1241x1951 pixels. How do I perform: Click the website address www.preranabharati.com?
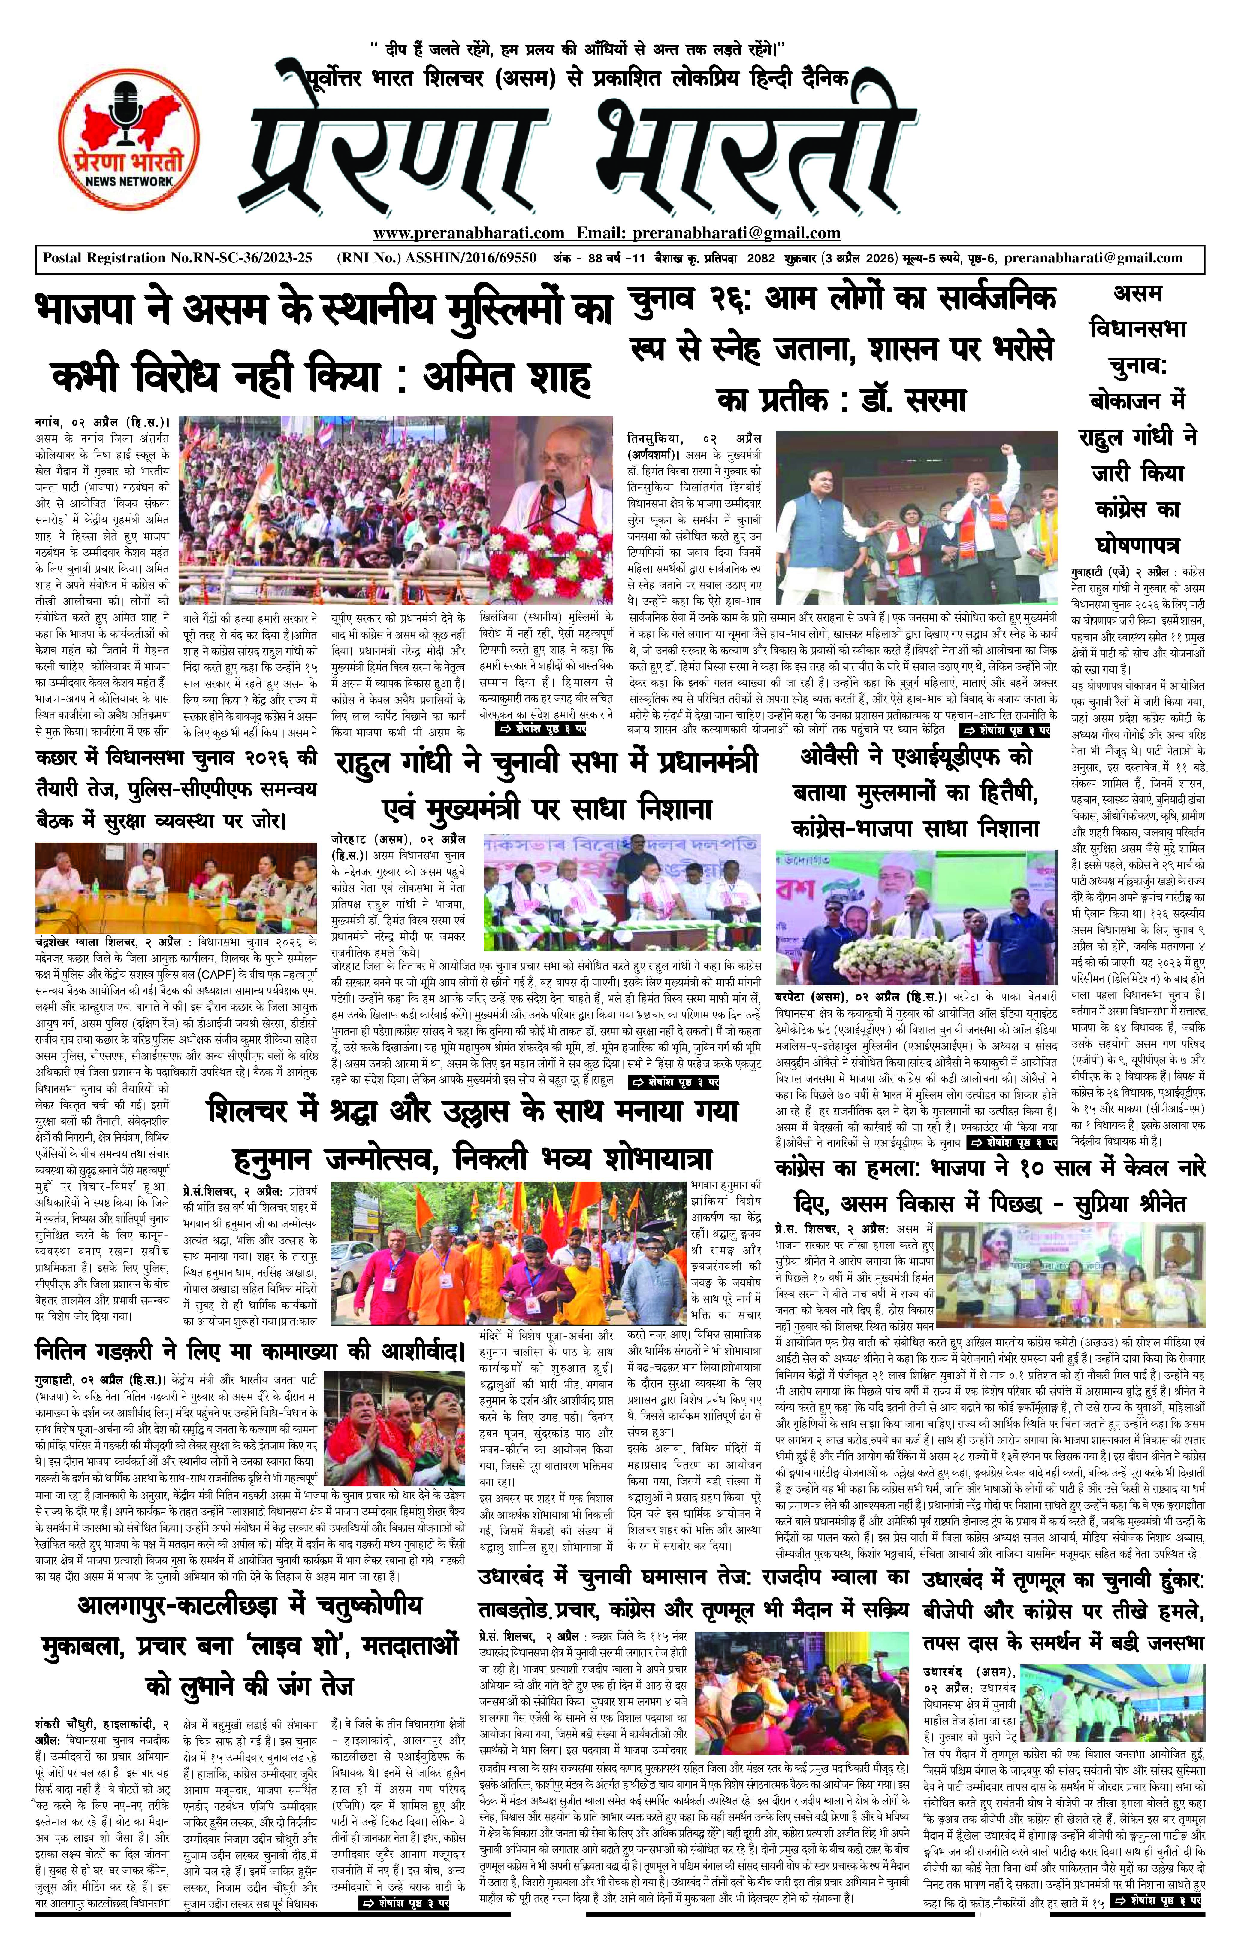468,233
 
